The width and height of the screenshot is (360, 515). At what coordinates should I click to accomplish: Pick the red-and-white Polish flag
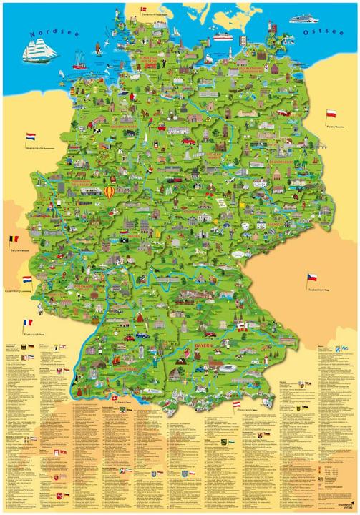pyautogui.click(x=331, y=114)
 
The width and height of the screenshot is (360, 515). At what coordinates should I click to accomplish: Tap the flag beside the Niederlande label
pyautogui.click(x=31, y=136)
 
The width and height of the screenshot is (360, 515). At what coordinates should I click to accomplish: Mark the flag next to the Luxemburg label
pyautogui.click(x=26, y=280)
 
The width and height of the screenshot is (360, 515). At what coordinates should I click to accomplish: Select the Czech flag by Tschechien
pyautogui.click(x=312, y=277)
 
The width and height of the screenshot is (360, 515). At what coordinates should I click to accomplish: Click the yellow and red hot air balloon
pyautogui.click(x=109, y=192)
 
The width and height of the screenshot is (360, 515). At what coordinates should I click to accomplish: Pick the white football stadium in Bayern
pyautogui.click(x=228, y=366)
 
